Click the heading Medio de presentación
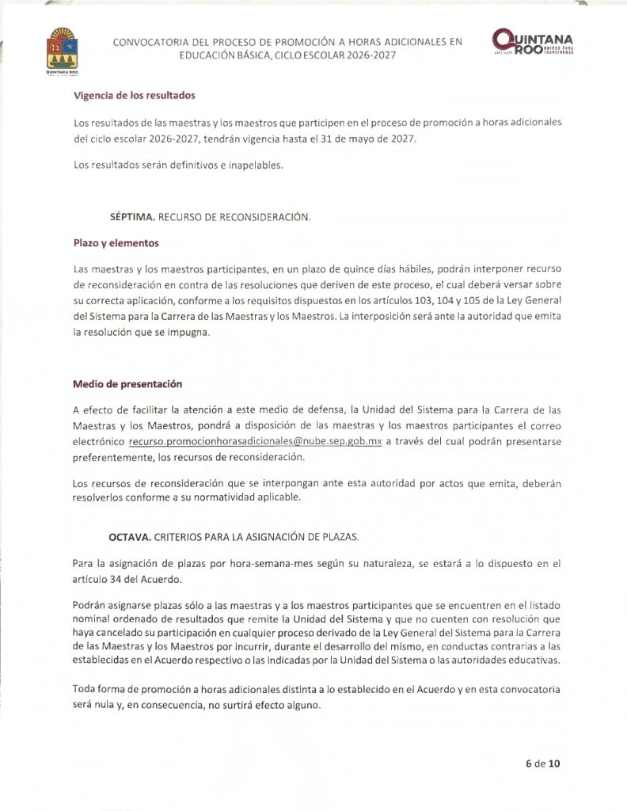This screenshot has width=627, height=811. point(127,384)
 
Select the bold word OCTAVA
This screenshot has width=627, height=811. point(129,537)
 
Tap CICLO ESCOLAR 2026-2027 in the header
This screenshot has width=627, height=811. point(330,56)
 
